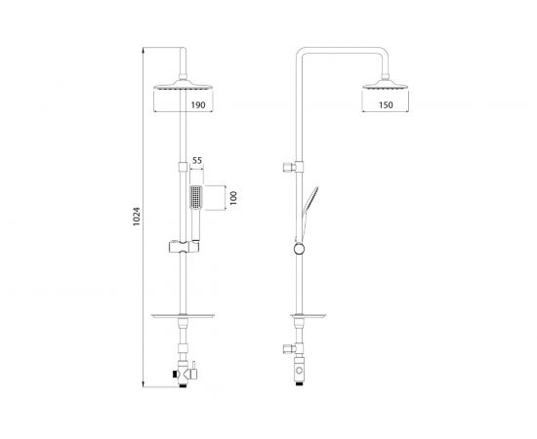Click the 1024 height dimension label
pos(137,217)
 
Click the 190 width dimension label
pos(198,105)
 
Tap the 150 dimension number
pos(386,105)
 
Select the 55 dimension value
pos(197,161)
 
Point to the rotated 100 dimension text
pos(233,198)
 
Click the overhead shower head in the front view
pos(184,85)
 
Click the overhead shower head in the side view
pos(386,85)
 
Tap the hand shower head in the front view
pos(196,198)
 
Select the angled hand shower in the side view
pos(310,205)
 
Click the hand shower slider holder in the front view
pos(184,247)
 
